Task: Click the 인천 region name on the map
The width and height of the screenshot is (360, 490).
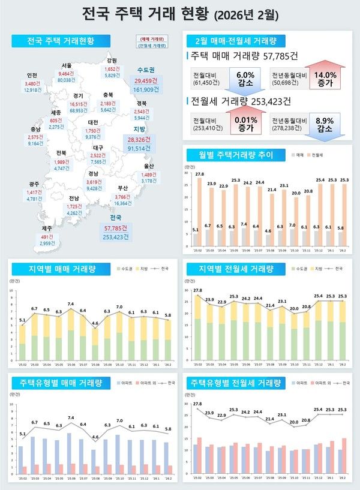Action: pos(33,75)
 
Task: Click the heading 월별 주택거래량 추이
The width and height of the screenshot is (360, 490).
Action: pos(232,155)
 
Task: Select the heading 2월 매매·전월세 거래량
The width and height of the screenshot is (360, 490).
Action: pos(232,41)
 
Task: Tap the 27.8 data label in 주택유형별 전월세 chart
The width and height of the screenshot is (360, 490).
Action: pos(197,405)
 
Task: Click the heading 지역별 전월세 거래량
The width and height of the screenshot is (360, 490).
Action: pos(232,268)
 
